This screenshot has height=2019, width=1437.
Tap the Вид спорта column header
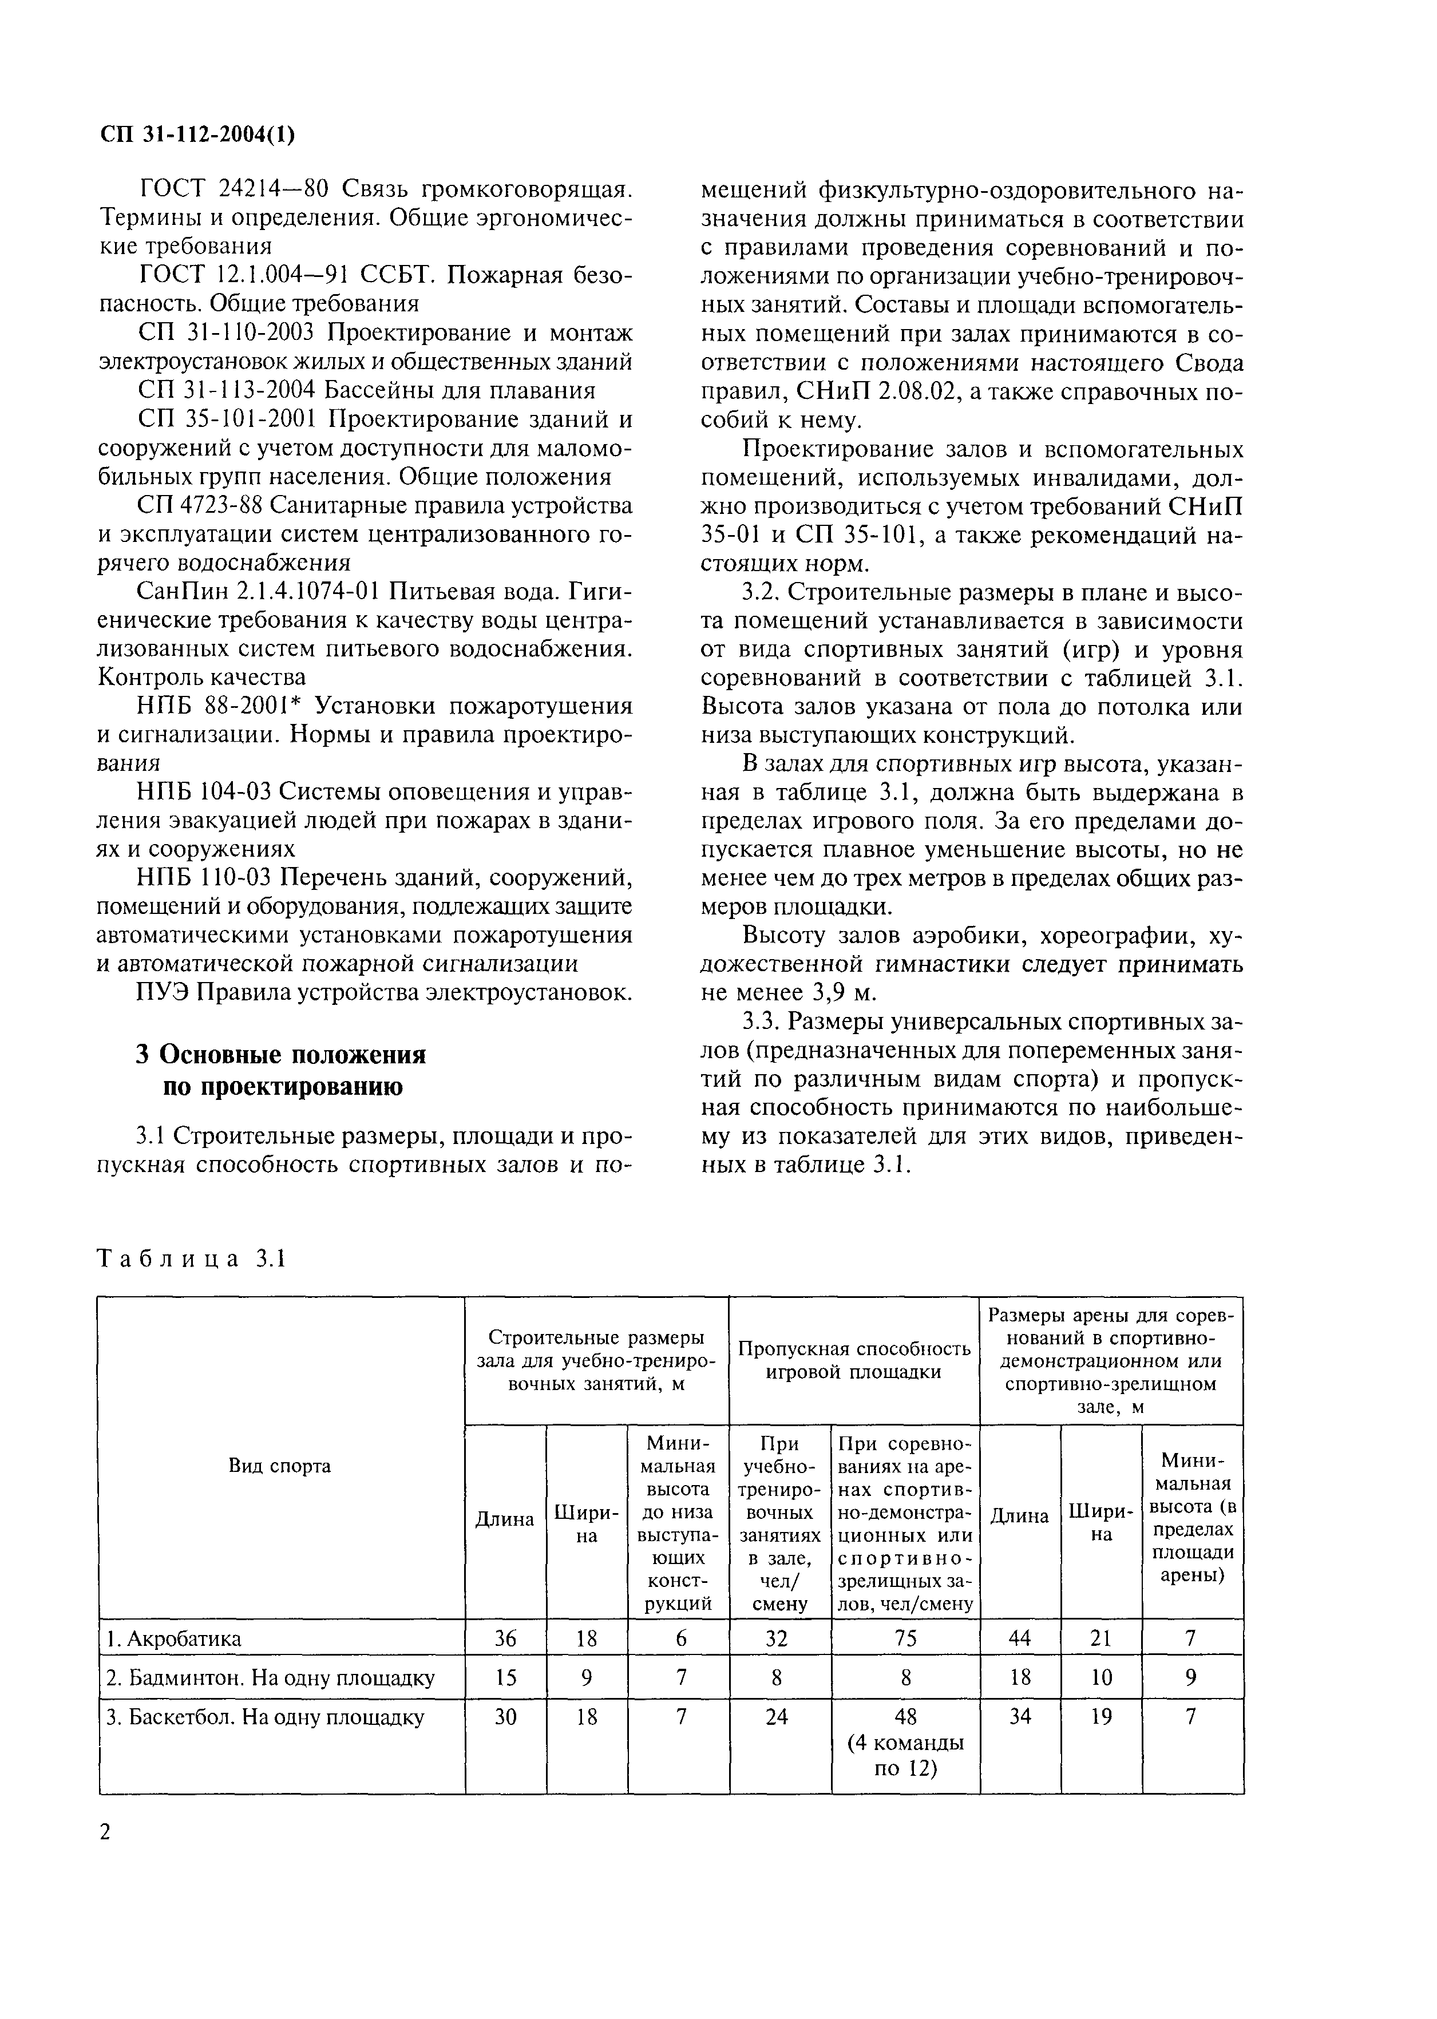point(280,1466)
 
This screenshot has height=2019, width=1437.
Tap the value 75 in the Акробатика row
point(905,1638)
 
